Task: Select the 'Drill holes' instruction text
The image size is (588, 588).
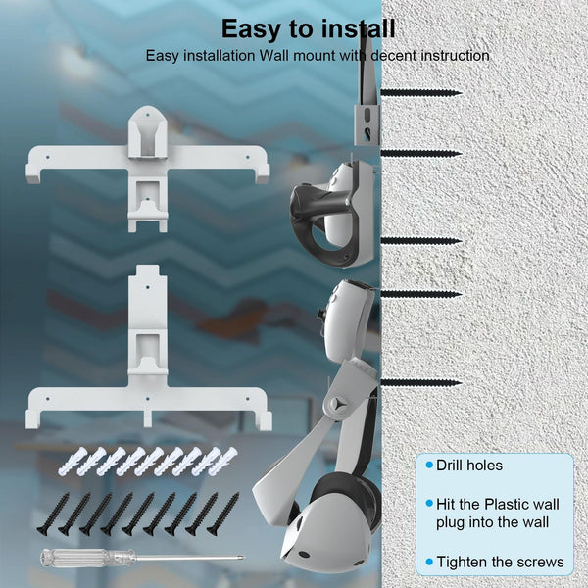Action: click(x=469, y=465)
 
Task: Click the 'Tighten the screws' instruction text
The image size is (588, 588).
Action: click(x=500, y=562)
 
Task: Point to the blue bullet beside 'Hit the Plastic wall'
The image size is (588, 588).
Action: click(x=429, y=504)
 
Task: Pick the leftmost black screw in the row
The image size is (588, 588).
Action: click(x=53, y=514)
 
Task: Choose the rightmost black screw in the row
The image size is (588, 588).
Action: click(x=222, y=514)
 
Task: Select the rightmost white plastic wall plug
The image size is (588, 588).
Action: click(x=222, y=462)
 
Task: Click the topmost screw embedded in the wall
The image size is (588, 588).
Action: click(x=421, y=93)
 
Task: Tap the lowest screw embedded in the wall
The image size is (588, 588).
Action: click(x=421, y=383)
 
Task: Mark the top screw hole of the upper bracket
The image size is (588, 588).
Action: click(x=147, y=114)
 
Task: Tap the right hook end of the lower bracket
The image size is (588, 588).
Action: click(x=266, y=421)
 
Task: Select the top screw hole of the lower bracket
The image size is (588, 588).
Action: click(x=147, y=287)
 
